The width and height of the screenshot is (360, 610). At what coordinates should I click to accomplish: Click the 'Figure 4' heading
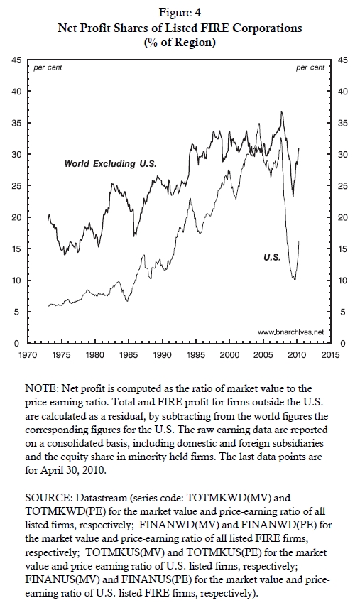180,13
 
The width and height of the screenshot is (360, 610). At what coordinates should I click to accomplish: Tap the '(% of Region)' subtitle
180,42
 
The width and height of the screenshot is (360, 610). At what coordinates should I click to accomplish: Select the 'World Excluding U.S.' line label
111,164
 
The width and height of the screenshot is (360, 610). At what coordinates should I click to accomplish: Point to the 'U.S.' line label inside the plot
272,257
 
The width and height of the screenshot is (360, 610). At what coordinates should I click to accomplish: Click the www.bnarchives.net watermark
290,332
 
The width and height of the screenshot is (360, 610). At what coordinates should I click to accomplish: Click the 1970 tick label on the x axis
28,355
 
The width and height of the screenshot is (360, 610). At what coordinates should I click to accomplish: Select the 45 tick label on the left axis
16,60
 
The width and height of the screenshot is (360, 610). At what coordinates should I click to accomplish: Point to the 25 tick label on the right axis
342,186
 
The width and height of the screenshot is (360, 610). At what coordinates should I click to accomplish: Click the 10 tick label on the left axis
16,281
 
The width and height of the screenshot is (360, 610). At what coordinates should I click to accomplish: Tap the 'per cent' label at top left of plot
48,67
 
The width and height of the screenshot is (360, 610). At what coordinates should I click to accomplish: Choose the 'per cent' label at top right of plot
310,67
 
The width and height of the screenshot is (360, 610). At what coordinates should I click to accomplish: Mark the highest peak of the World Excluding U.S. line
281,111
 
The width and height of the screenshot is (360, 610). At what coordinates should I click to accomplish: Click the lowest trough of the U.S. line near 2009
295,279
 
